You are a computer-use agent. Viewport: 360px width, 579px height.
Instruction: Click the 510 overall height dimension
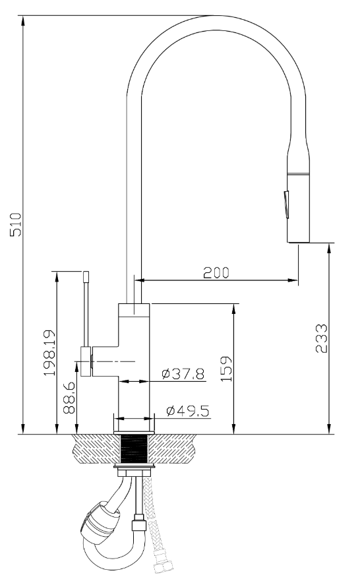click(x=16, y=224)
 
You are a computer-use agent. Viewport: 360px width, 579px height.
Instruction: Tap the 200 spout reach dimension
click(x=216, y=272)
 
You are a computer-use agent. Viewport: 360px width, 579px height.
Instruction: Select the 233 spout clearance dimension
click(x=321, y=338)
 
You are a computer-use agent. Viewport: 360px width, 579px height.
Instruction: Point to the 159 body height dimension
click(x=226, y=369)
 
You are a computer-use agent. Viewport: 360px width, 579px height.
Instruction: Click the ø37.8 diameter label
click(x=183, y=374)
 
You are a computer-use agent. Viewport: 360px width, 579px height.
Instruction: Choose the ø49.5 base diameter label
click(x=188, y=410)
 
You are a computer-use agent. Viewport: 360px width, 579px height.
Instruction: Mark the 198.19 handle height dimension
click(x=49, y=353)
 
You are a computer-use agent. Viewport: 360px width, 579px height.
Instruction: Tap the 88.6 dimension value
click(x=69, y=398)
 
